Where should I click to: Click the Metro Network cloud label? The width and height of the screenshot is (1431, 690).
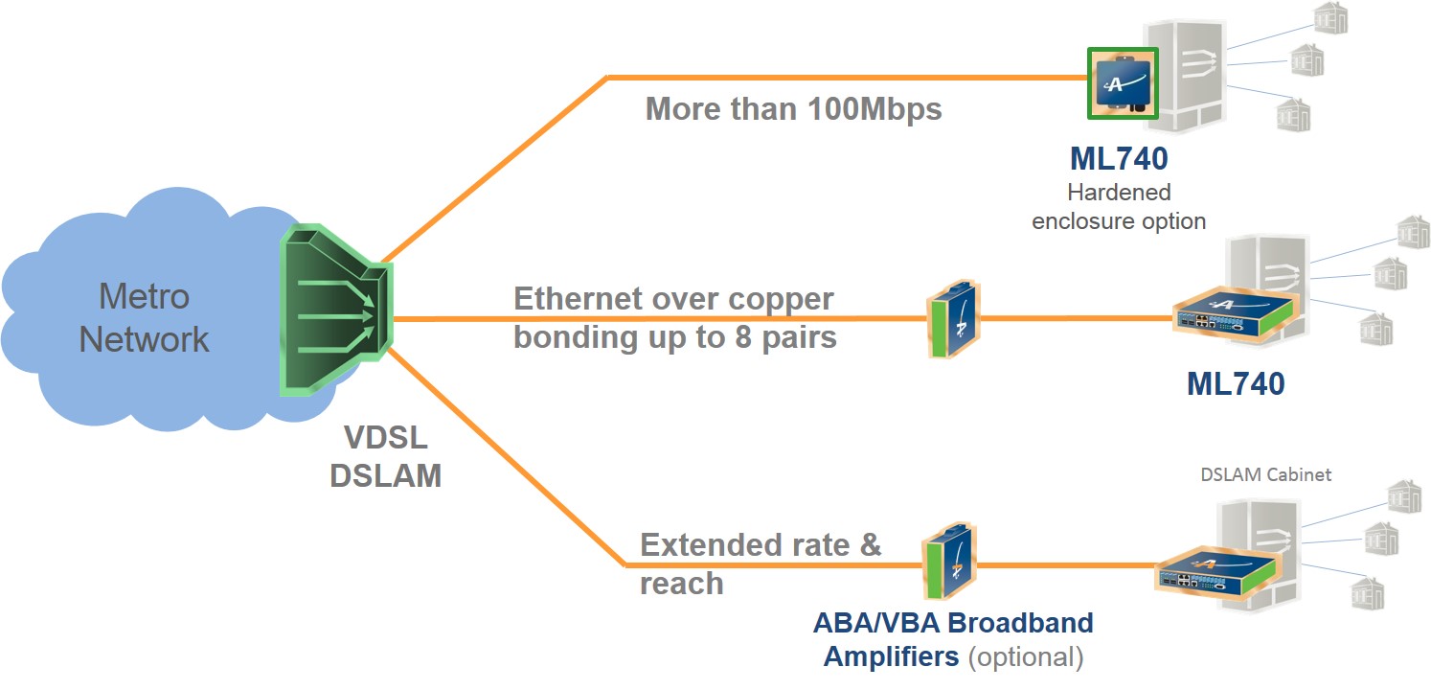coord(144,318)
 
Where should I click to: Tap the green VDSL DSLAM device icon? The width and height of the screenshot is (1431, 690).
coord(334,312)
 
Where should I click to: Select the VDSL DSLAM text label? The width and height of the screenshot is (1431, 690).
coord(385,456)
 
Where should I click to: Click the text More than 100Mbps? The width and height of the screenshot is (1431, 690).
coord(793,108)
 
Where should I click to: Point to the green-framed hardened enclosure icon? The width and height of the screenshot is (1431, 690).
coord(1124,83)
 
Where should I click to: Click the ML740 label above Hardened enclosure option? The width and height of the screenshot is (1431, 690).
coord(1118,158)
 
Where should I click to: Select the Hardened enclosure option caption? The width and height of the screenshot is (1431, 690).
coord(1118,206)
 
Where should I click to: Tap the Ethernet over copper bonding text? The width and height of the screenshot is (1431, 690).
coord(674,318)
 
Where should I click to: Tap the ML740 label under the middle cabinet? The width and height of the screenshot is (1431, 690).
coord(1235,384)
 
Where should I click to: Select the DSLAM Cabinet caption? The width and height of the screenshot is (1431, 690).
coord(1265,474)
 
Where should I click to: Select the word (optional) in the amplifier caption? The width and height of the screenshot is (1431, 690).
coord(1025,657)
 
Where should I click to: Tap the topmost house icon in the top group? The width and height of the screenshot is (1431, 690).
coord(1330,18)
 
